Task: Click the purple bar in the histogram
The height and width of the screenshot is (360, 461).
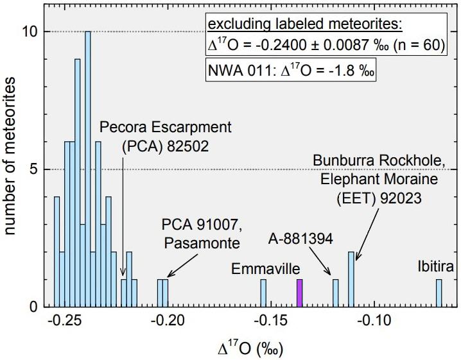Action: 299,293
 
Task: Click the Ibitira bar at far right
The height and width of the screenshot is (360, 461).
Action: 439,293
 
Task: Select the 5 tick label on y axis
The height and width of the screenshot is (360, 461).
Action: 39,169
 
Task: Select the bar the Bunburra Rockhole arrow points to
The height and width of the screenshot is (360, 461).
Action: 351,279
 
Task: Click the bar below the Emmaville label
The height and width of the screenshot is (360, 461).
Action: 263,293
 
